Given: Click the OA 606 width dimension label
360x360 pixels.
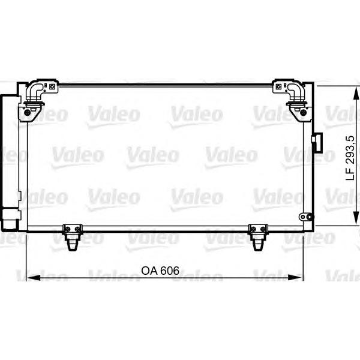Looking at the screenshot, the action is [160, 271].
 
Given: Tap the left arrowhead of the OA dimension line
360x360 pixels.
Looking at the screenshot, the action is [34, 277].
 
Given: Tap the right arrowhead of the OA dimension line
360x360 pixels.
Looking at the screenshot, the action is [296, 277].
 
